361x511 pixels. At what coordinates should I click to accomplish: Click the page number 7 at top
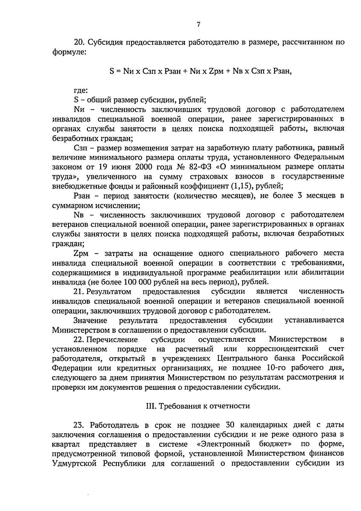point(199,25)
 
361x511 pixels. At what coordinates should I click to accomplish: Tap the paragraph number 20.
point(79,42)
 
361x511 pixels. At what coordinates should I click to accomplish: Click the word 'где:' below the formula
point(81,90)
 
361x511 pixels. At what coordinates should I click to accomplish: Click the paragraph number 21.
point(78,291)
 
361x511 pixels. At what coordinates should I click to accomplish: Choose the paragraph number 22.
point(79,340)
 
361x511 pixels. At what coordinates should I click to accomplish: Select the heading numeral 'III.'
point(150,406)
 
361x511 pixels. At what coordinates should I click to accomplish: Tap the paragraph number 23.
point(79,425)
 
